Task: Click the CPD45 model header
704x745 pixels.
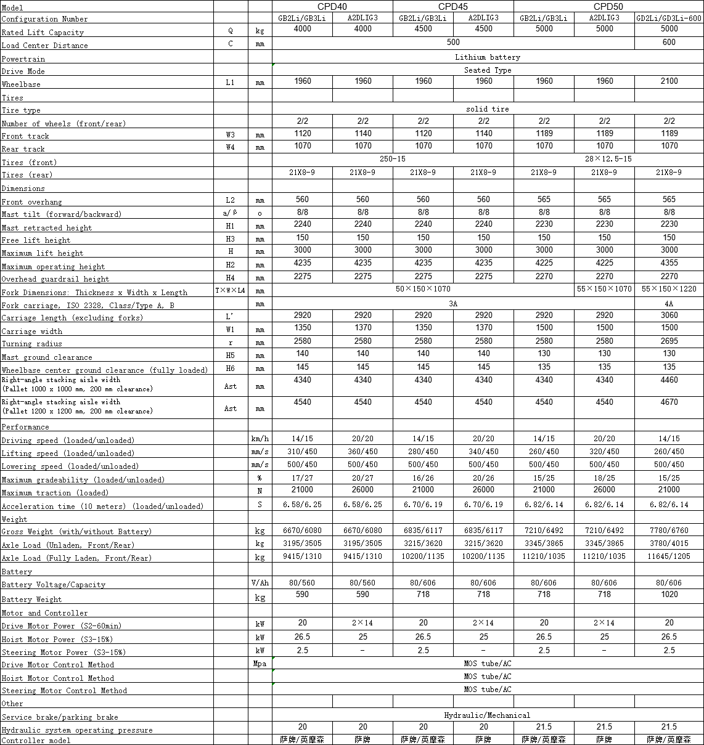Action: click(452, 7)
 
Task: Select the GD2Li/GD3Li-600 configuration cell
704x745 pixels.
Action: click(669, 18)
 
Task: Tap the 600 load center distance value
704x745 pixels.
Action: click(669, 43)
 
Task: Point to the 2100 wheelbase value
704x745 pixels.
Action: click(669, 81)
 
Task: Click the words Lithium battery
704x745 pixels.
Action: click(487, 57)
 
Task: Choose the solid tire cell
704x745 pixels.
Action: click(487, 109)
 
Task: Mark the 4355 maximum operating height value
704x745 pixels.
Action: click(669, 263)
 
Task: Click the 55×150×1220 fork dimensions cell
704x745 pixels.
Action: click(669, 289)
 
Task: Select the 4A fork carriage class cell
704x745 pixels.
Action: click(669, 304)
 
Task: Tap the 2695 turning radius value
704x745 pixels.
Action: click(669, 341)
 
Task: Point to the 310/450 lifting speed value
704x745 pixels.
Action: click(302, 452)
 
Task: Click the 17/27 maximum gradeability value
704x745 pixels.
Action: click(302, 478)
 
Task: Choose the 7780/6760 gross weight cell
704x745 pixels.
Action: click(669, 531)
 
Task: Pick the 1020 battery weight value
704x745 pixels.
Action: click(669, 595)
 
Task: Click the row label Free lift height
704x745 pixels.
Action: click(36, 240)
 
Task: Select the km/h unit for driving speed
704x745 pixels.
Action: click(260, 439)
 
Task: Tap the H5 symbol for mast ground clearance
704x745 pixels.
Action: click(230, 356)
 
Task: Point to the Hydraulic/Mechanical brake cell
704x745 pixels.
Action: click(487, 715)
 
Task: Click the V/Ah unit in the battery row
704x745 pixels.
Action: click(260, 583)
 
